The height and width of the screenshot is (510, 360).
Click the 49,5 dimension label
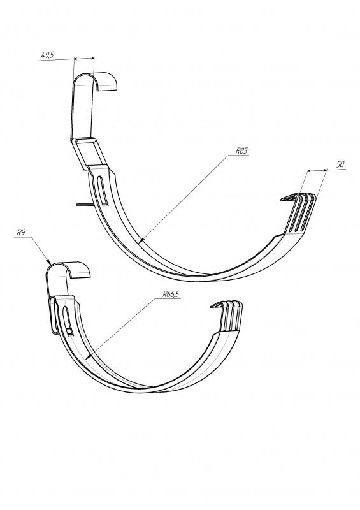pos(48,55)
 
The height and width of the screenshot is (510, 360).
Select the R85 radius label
pos(242,151)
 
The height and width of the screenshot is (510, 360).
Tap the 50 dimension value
pos(340,164)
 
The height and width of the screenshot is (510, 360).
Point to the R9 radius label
pos(21,233)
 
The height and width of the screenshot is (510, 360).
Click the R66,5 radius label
pos(171,295)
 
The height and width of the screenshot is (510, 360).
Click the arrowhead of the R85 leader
pos(141,241)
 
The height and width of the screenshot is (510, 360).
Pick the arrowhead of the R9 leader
pos(49,261)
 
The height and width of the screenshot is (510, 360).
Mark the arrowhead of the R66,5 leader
pos(87,358)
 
